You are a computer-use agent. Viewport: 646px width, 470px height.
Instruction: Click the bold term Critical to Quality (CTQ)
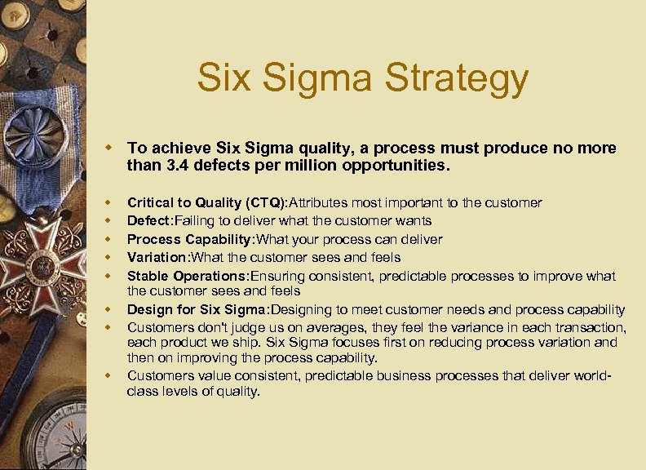207,202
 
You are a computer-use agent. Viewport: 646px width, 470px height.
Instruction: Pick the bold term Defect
148,220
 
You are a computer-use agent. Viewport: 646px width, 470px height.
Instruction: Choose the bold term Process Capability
190,239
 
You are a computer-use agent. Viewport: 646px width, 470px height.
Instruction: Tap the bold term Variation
156,257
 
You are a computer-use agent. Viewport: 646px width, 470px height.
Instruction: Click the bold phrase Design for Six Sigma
197,309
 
